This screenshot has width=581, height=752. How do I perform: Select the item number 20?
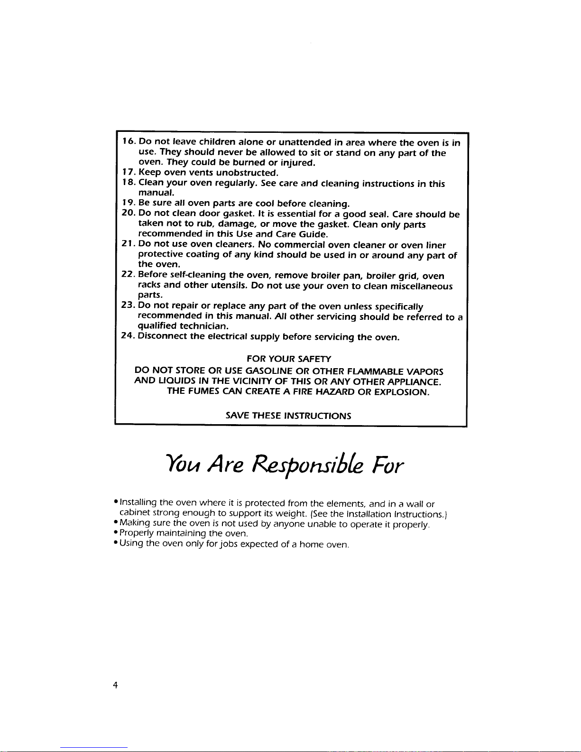coord(129,214)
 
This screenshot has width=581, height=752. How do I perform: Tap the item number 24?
coord(128,336)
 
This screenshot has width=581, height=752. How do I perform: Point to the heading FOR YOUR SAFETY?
coord(289,359)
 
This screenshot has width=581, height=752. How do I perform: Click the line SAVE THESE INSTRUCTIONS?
coord(288,416)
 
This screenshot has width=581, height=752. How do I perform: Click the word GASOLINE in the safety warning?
coord(269,371)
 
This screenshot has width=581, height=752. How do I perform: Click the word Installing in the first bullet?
coord(138,502)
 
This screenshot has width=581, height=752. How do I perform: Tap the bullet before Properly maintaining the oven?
coord(116,533)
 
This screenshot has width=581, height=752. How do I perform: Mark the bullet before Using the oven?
coord(116,543)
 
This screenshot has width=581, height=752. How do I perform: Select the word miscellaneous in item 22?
coord(421,286)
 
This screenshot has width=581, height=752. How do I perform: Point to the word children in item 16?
coord(217,141)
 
